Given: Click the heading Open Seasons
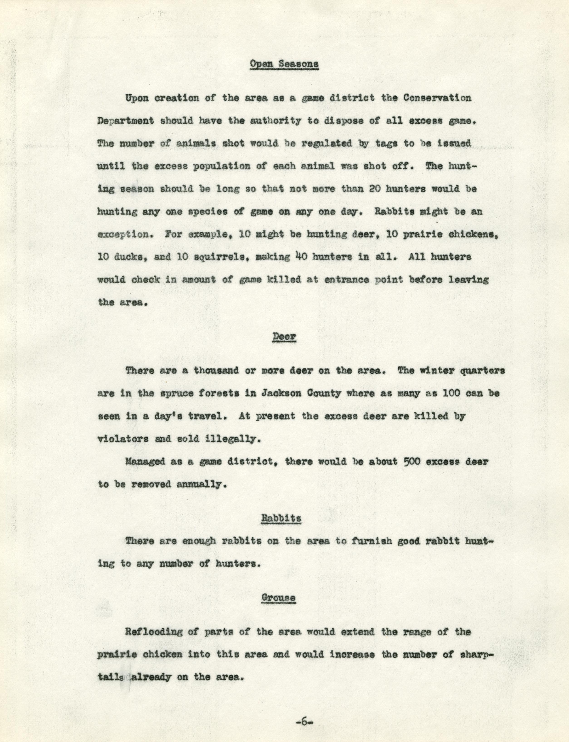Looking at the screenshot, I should [284, 64].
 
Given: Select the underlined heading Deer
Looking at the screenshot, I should [284, 336].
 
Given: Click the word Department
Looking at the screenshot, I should [125, 121].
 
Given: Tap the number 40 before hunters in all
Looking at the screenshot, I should [301, 257].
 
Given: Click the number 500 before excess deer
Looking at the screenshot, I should [412, 462].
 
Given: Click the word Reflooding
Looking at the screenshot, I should [153, 632].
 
